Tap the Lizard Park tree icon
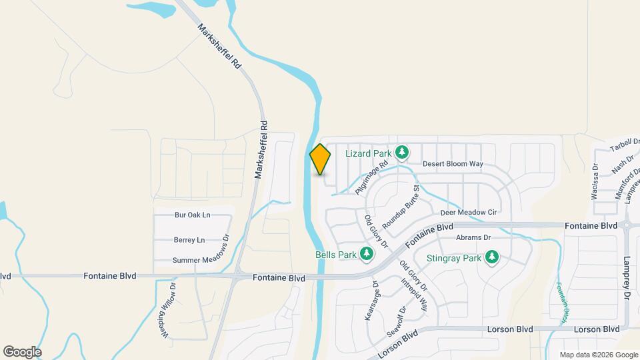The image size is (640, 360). coord(402,153)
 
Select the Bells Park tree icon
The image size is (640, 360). coord(366,254)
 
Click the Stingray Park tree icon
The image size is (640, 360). coord(492,257)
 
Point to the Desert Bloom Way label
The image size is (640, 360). coord(452,163)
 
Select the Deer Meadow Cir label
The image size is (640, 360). coord(469,212)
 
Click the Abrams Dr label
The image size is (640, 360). coord(473,237)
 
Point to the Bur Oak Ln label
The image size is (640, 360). coord(192,215)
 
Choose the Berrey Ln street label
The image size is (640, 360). coord(189,240)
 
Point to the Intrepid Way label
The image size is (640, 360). coord(414,294)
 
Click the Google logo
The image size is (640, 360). coord(22,351)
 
